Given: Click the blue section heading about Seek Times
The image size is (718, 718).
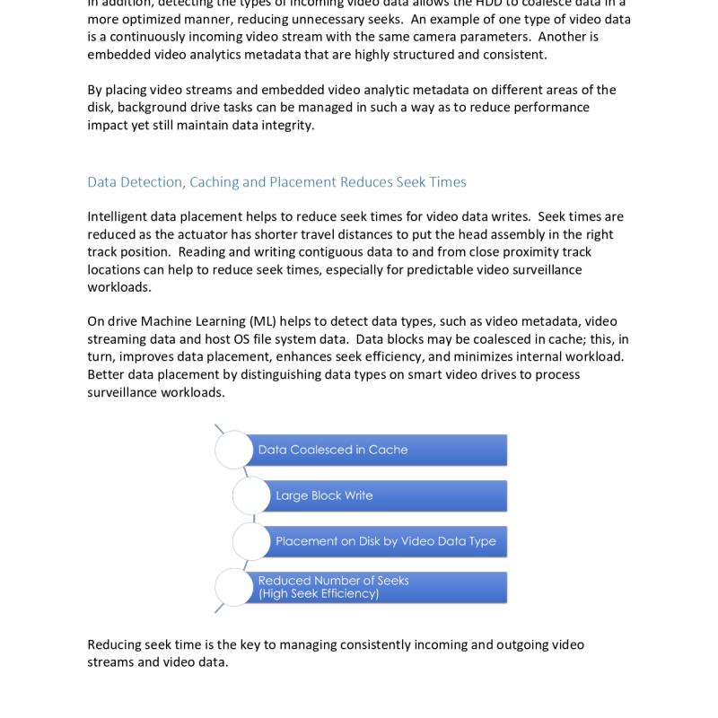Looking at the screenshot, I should pos(276,182).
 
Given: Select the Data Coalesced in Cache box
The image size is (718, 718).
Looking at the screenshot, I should pos(381,450).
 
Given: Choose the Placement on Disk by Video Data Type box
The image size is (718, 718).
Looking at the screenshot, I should pos(388,541).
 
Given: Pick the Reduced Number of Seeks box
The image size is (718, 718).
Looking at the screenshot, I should pos(381,587).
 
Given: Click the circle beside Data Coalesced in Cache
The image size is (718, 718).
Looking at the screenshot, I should pos(234,450).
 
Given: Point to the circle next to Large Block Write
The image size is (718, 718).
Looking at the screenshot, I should pos(252,495).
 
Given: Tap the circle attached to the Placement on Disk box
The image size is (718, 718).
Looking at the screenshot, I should pos(252,541).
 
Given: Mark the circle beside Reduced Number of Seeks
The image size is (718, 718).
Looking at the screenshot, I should pos(234,587).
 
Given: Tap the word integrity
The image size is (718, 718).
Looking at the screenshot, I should pos(288,125).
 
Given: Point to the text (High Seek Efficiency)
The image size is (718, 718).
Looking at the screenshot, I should pos(319,593).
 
